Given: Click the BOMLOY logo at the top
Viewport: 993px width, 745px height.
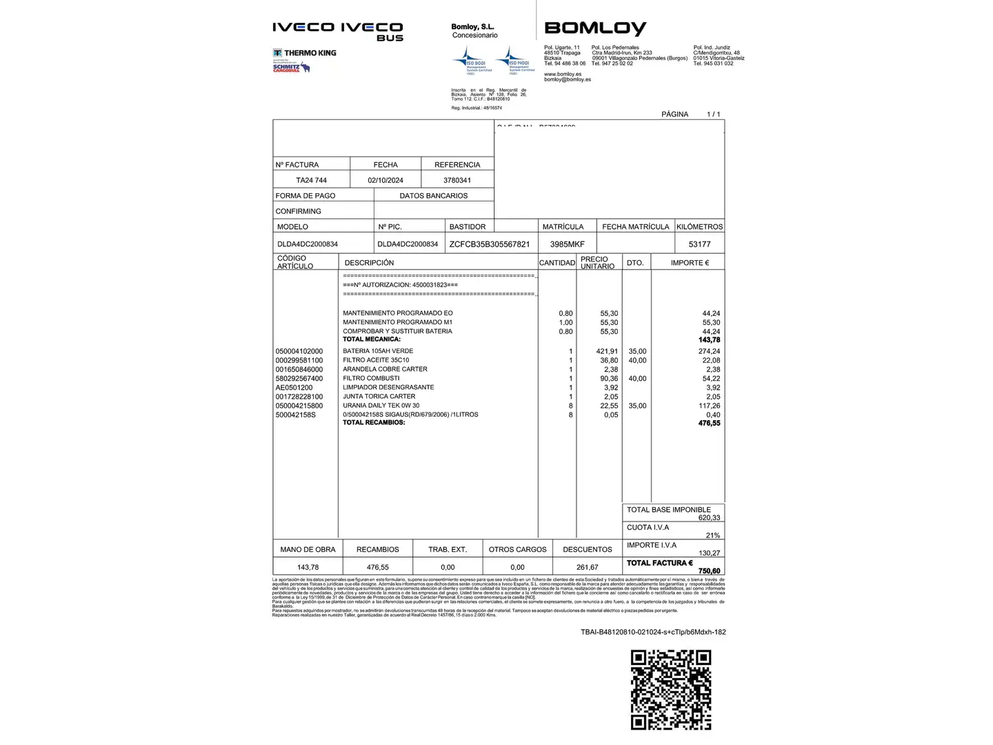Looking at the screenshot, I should [595, 28].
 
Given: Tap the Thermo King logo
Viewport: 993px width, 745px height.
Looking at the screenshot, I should [305, 53].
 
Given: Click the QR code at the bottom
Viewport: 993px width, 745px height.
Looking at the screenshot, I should [670, 689].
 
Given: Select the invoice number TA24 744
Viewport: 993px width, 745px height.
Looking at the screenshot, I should [311, 180].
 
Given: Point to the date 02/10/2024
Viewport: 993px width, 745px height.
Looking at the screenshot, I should [385, 180].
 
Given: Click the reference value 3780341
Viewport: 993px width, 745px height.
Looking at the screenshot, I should [457, 180].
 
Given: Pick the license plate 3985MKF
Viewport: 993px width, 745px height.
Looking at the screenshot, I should [567, 244].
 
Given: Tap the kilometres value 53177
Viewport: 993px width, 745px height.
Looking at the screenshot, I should [699, 244].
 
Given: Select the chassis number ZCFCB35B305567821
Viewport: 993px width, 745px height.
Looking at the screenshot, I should [490, 244].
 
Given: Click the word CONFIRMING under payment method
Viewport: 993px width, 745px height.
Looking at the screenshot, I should [299, 211].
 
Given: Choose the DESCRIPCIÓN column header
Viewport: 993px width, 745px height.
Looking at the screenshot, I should [369, 263].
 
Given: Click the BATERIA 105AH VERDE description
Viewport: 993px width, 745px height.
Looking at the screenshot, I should [378, 351].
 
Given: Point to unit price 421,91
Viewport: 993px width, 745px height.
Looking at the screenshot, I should [607, 351].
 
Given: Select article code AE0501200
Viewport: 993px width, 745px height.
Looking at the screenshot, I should [294, 388].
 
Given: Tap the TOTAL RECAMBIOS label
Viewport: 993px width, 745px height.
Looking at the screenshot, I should [374, 423].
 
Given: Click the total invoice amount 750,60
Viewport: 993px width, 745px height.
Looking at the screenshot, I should [709, 571].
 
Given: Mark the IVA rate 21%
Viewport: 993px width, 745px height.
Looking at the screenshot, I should [712, 535].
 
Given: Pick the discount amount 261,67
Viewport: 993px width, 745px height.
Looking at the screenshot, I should [588, 567].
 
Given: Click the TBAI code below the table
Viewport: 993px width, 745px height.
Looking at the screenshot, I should [653, 632].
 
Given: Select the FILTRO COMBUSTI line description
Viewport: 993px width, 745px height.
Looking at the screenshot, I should [371, 378].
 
